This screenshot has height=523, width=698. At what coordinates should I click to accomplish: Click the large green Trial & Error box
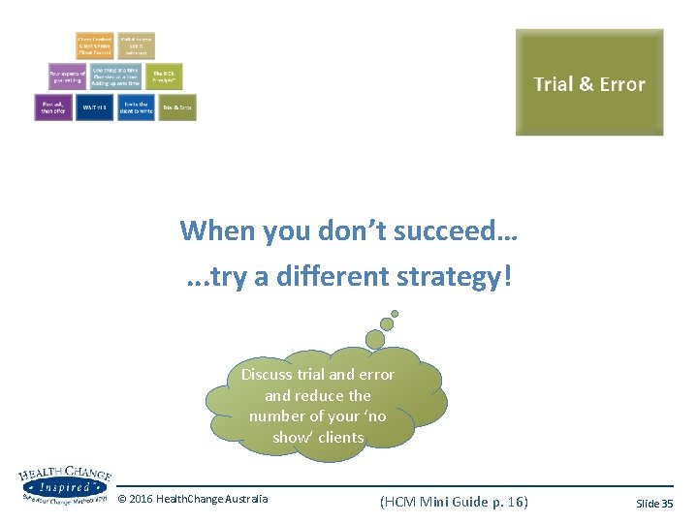(589, 82)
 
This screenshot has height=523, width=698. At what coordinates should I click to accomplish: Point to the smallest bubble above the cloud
(394, 314)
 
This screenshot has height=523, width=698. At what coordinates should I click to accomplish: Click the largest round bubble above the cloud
(373, 338)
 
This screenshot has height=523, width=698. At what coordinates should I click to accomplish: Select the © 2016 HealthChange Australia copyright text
(192, 500)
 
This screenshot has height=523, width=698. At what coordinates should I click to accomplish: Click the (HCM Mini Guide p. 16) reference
(454, 501)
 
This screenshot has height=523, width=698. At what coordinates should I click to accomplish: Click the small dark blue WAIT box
(95, 107)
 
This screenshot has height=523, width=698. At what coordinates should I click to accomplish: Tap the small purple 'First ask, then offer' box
(53, 106)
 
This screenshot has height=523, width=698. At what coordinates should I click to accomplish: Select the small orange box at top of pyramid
(95, 46)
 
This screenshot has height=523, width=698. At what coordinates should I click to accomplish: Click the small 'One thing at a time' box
(115, 77)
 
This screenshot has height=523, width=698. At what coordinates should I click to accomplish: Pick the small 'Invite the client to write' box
(136, 107)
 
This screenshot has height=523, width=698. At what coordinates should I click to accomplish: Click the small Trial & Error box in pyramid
(177, 107)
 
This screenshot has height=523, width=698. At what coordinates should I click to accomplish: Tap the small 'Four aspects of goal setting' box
(68, 77)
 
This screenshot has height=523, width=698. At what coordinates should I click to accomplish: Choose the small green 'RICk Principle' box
(167, 77)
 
